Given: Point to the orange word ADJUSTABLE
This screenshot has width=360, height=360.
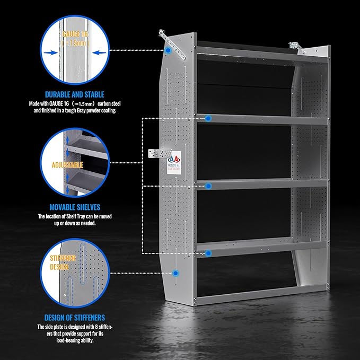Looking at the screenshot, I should tap(68, 165).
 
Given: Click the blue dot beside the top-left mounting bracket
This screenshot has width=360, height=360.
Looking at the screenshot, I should tap(168, 50).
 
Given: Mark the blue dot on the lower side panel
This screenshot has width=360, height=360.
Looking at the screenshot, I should tap(175, 273).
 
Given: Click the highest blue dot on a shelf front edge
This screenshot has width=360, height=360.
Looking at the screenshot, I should tap(209, 118).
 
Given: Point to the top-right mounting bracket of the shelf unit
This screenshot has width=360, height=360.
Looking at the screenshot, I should tap(297, 48).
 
